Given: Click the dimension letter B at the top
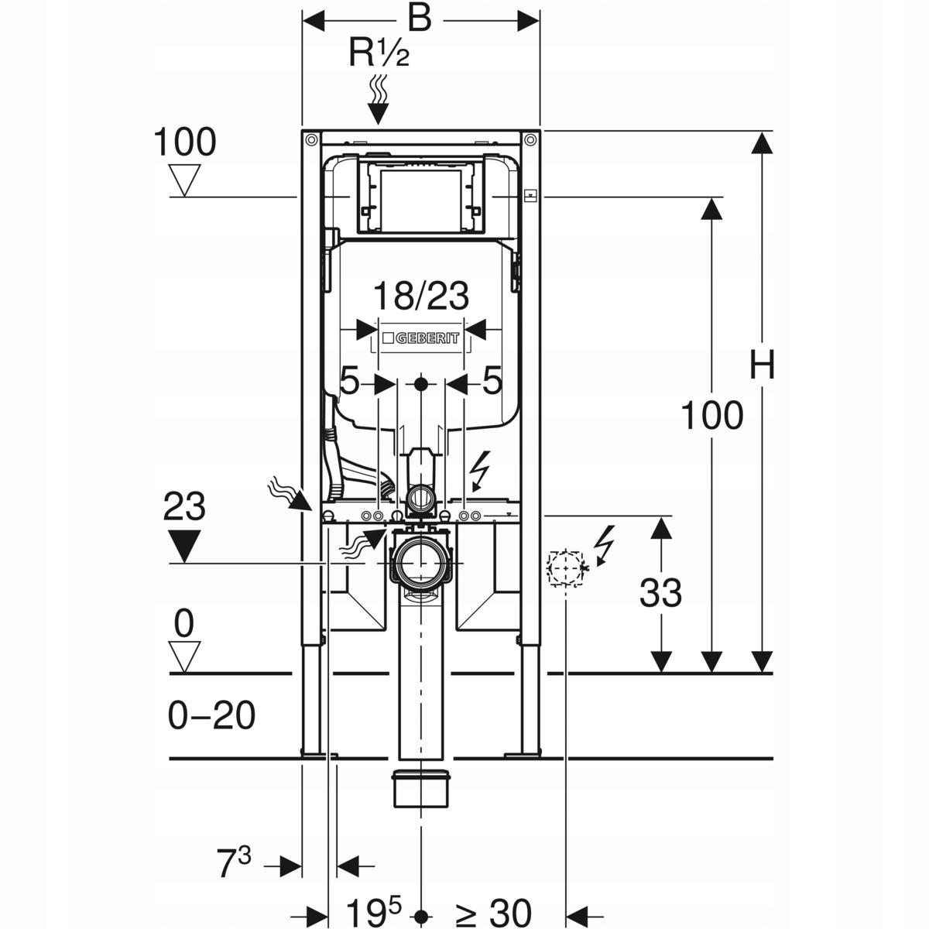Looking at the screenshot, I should pyautogui.click(x=419, y=19).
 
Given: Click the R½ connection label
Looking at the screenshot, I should pyautogui.click(x=379, y=53).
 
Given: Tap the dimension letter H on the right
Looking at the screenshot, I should pyautogui.click(x=762, y=365).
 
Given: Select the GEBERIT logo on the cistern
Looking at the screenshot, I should pyautogui.click(x=420, y=338).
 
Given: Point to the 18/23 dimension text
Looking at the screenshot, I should pyautogui.click(x=421, y=297).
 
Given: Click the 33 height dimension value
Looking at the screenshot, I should pyautogui.click(x=660, y=594).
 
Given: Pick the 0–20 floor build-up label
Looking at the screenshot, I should pyautogui.click(x=211, y=716).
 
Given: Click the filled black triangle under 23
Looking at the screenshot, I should pyautogui.click(x=183, y=546).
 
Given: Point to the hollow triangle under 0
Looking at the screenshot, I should pyautogui.click(x=183, y=656).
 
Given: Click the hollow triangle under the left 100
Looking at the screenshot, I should pyautogui.click(x=183, y=180).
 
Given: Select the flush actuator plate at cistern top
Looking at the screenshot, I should pyautogui.click(x=420, y=198).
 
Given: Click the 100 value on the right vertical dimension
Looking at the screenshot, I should pyautogui.click(x=711, y=417).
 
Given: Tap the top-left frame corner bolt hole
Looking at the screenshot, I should pyautogui.click(x=310, y=140).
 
